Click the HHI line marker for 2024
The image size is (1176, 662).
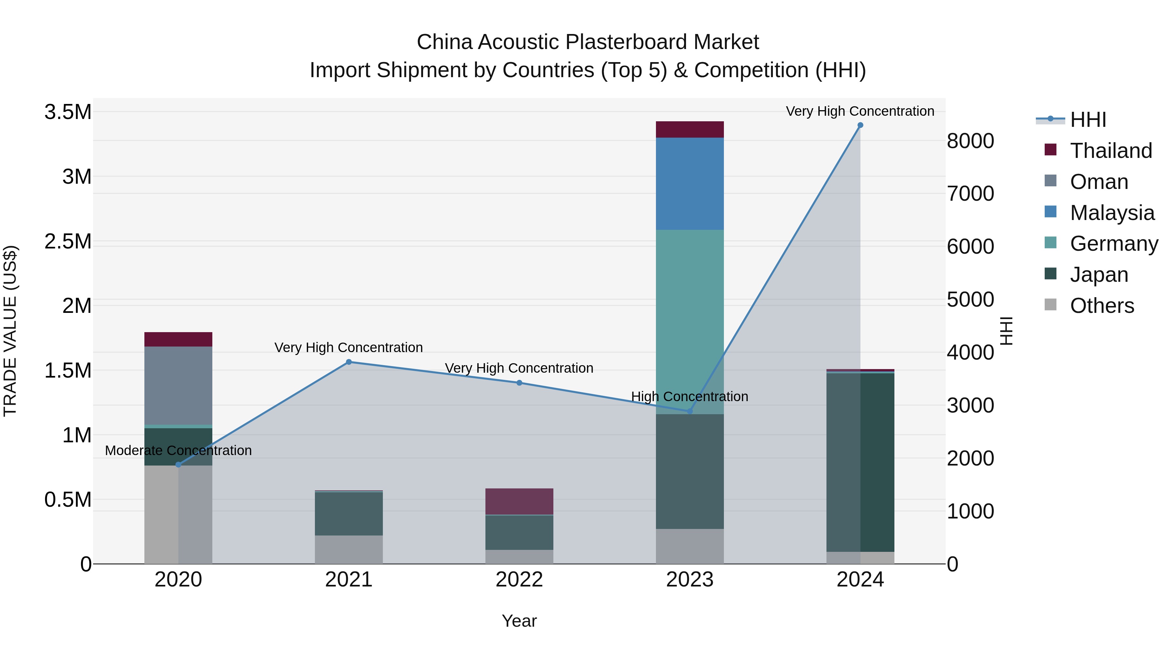point(860,125)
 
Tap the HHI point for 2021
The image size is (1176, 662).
point(349,362)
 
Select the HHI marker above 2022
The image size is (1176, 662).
point(519,383)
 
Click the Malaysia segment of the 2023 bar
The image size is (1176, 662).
point(690,183)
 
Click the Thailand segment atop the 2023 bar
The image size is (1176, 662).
point(690,129)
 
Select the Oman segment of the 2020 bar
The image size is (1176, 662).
point(178,386)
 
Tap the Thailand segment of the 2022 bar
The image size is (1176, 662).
point(519,501)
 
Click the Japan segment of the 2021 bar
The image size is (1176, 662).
point(349,514)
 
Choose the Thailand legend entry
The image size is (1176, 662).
point(1111,151)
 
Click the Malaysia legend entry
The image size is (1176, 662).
point(1112,213)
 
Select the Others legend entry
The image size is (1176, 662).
point(1102,306)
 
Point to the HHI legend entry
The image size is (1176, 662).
point(1087,120)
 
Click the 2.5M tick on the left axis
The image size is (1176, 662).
point(68,241)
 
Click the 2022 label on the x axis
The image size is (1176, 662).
point(519,580)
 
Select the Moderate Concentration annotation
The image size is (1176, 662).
point(178,450)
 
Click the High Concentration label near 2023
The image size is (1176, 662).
point(689,397)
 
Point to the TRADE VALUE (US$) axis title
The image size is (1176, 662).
point(10,331)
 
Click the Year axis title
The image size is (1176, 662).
point(519,621)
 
